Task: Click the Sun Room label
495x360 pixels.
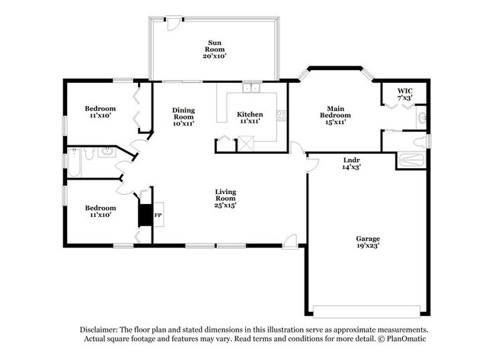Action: [215, 49]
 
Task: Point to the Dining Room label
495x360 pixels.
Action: [183, 115]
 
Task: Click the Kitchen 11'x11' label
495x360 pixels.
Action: [250, 118]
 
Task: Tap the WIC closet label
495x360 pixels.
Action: [405, 94]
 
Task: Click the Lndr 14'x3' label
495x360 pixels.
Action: [351, 163]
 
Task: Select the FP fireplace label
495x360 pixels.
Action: [158, 215]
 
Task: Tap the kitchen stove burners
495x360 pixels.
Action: [281, 116]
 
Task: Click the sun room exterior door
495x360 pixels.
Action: [174, 24]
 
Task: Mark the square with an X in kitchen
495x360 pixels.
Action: [247, 142]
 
